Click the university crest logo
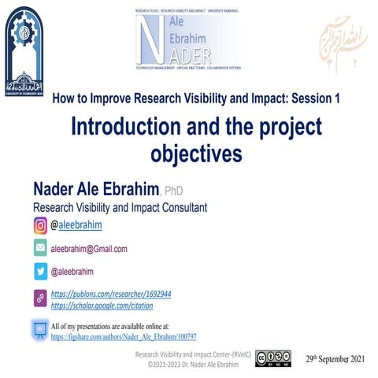(24, 49)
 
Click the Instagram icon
(40, 226)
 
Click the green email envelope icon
(40, 248)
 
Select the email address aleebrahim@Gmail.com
(89, 248)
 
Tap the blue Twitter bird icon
(40, 271)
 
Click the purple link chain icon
(40, 298)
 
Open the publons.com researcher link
(111, 294)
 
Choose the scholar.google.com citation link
(102, 305)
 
